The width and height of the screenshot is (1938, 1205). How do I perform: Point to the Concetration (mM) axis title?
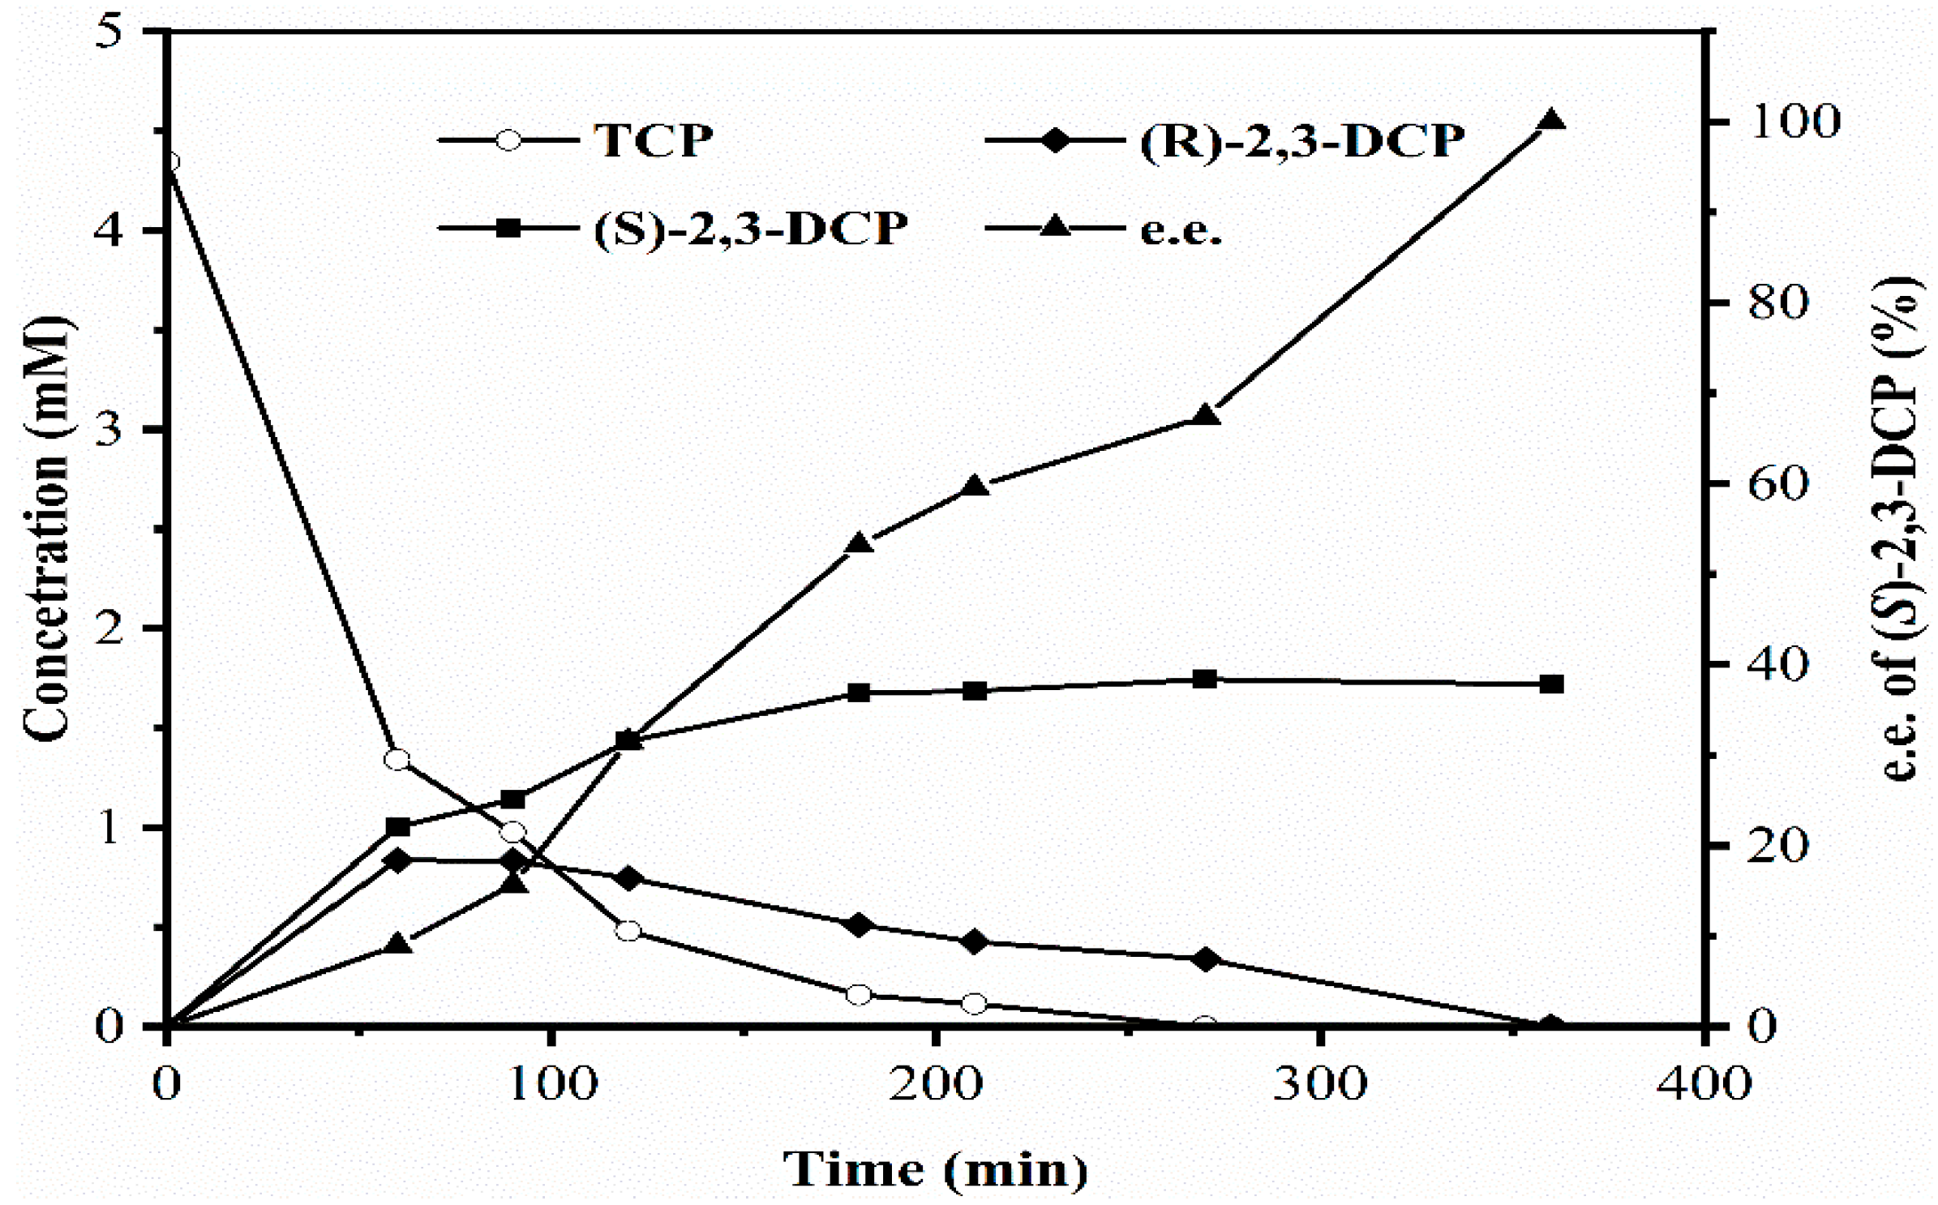coord(47,527)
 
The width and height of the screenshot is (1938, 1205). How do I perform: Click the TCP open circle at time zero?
coord(168,161)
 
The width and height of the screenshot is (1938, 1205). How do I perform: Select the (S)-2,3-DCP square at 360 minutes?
coord(1550,684)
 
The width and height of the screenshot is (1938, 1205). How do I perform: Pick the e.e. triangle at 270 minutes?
coord(1205,415)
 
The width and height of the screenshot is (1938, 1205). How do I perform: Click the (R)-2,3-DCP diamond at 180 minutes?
coord(859,924)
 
